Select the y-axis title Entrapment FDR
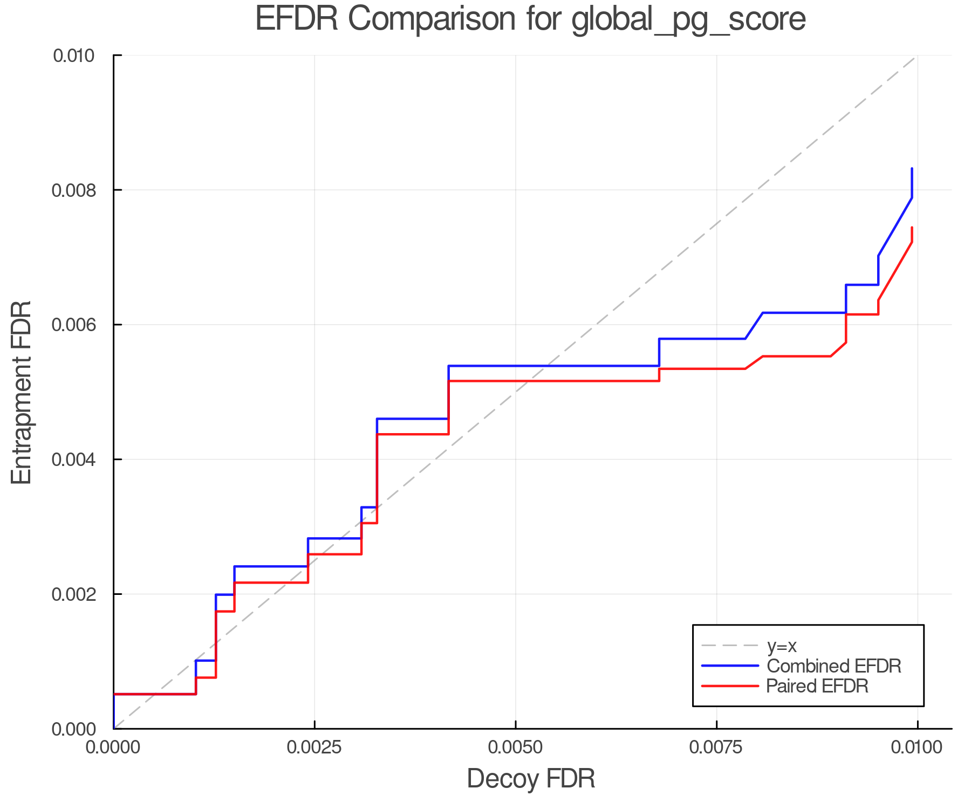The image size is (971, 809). pyautogui.click(x=22, y=392)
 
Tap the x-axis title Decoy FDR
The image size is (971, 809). pyautogui.click(x=531, y=779)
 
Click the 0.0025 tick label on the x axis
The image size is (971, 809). pyautogui.click(x=314, y=748)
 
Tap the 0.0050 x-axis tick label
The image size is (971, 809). pyautogui.click(x=516, y=748)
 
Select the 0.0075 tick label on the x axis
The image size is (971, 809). pyautogui.click(x=716, y=748)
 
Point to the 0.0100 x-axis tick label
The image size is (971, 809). pyautogui.click(x=917, y=748)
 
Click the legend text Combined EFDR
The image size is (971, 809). pyautogui.click(x=833, y=666)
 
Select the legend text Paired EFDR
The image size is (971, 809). pyautogui.click(x=817, y=686)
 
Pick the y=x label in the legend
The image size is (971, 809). pyautogui.click(x=782, y=646)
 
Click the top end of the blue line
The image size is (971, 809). pyautogui.click(x=912, y=169)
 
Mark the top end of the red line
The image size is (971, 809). pyautogui.click(x=912, y=228)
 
